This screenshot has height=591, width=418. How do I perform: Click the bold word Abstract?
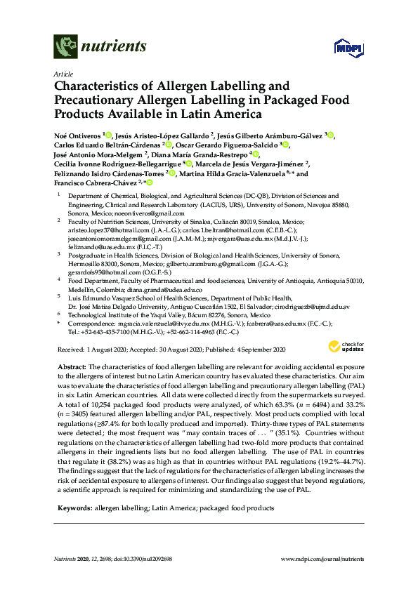point(70,367)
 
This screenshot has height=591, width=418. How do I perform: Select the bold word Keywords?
point(74,467)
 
